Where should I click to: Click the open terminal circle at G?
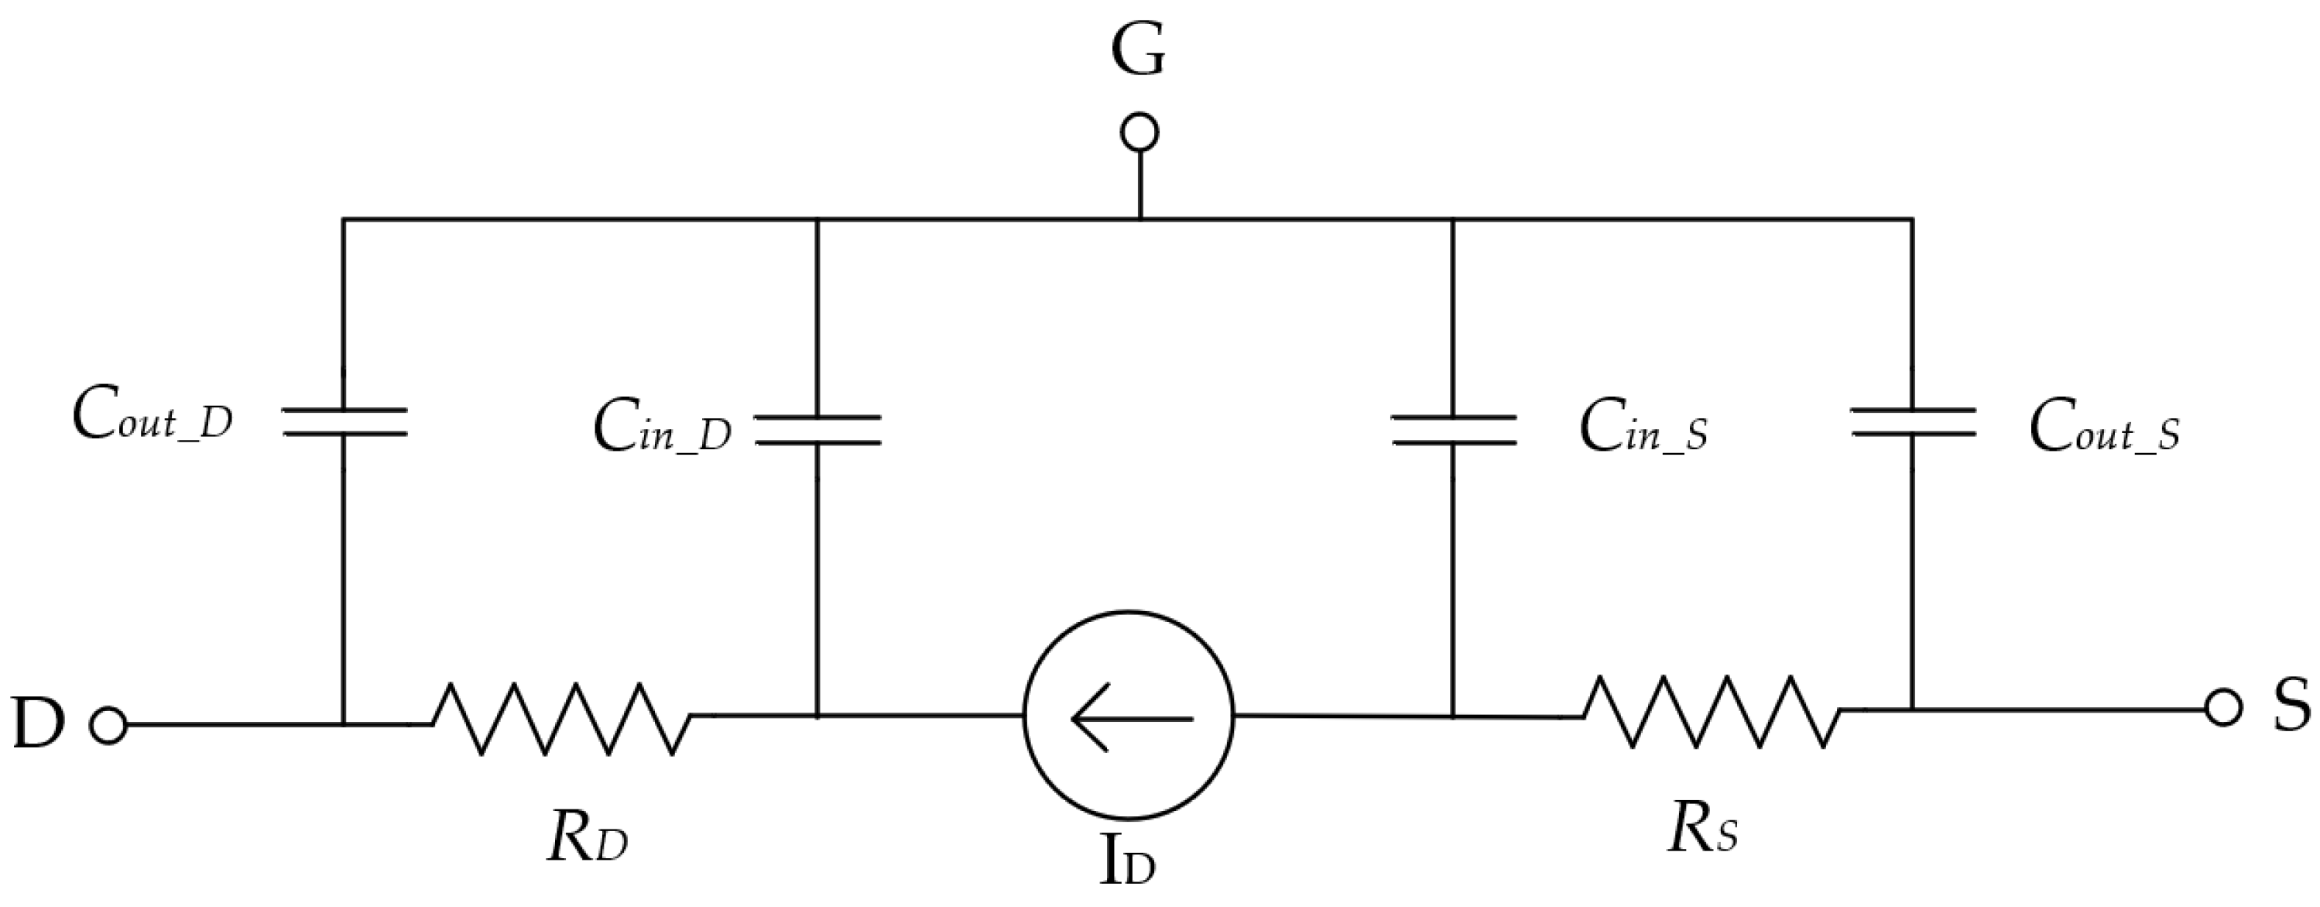point(1139,133)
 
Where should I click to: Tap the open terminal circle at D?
point(109,725)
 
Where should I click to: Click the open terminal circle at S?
point(2222,708)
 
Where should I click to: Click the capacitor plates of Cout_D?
point(344,421)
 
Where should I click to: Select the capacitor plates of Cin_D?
point(817,430)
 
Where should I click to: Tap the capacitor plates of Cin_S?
point(1454,430)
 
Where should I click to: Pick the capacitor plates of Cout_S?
point(1912,421)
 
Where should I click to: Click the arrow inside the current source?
point(1131,718)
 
